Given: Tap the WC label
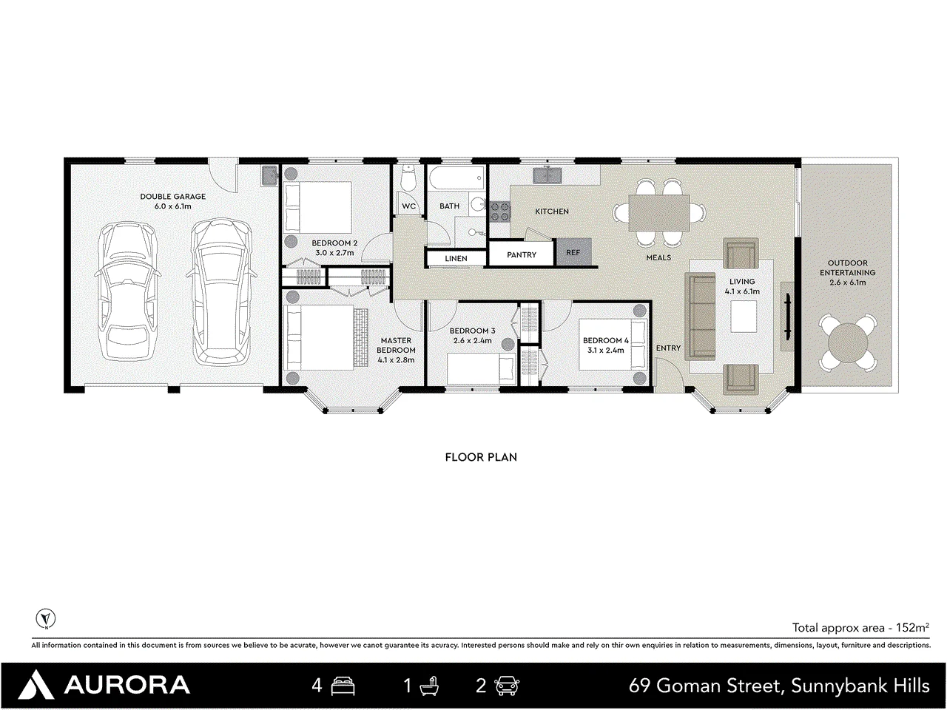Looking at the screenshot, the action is tap(408, 206).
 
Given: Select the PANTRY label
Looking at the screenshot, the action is tap(521, 254).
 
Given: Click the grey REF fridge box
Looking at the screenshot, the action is tap(573, 252).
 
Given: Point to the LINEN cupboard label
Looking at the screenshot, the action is tap(456, 258).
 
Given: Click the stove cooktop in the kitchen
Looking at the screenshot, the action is tap(500, 212).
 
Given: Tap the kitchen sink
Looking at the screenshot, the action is tap(547, 175).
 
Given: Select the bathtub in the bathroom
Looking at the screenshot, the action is tap(457, 178).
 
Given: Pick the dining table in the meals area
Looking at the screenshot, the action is tap(658, 212).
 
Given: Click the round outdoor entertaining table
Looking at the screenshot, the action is tap(848, 343).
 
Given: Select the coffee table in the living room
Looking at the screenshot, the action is tap(744, 316).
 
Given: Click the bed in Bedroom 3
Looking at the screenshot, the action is tap(481, 368).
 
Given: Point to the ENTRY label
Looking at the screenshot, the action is tap(668, 348).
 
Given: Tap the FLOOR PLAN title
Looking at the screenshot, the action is tap(481, 457).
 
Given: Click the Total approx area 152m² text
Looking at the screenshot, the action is tap(860, 628).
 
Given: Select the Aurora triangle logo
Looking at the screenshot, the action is tap(36, 684).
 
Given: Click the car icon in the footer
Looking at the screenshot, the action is tap(507, 686).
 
